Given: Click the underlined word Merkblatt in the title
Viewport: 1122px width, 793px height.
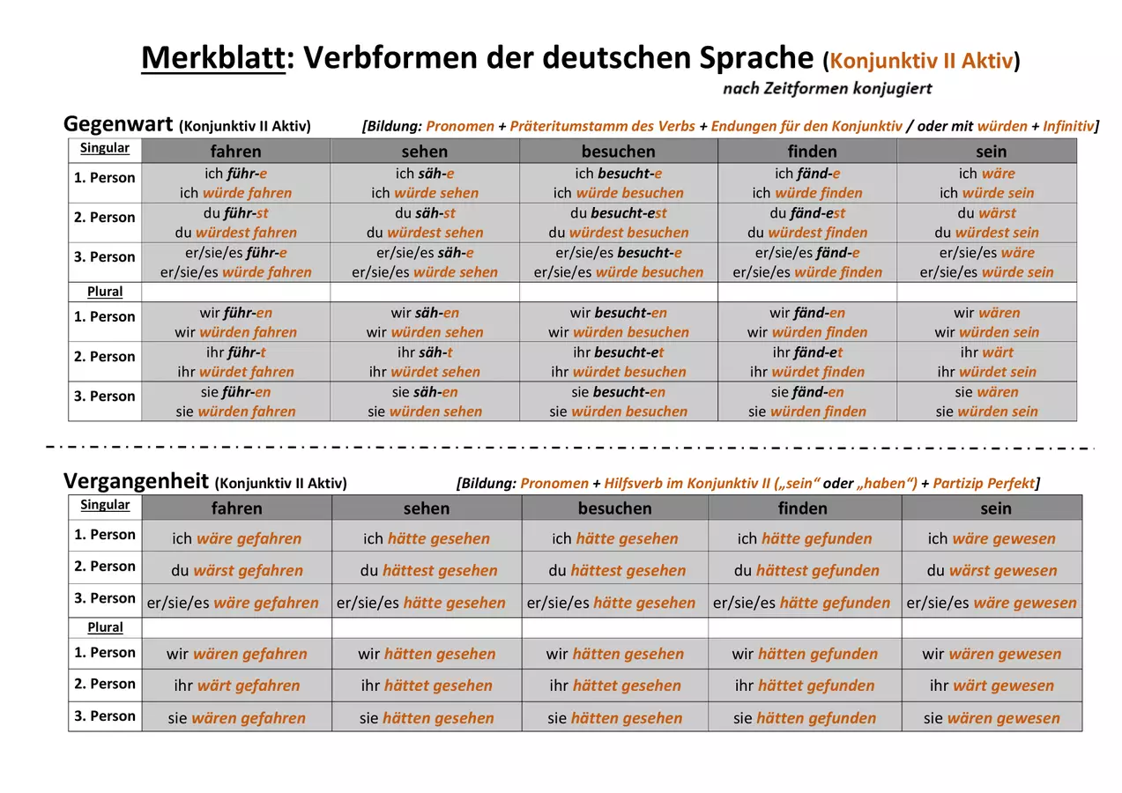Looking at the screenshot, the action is (213, 57).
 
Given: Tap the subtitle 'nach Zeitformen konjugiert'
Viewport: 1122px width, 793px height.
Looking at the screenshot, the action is (827, 89).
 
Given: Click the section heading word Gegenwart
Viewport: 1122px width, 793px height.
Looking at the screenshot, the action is (118, 123).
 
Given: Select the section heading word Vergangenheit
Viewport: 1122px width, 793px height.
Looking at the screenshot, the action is (136, 481).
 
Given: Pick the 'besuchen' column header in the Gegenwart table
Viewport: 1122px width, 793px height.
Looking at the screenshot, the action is (618, 152).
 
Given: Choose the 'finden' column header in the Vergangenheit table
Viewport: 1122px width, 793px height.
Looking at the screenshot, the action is (802, 508).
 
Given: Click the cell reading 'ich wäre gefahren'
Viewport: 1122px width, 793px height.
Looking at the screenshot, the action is (236, 538).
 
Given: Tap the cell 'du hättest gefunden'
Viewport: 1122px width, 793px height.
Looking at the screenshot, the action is (806, 570).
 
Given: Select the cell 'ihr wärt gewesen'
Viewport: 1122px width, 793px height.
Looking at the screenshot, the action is (992, 685).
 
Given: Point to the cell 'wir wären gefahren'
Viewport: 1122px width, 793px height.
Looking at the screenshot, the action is (236, 653).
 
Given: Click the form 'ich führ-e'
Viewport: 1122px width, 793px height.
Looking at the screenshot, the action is (235, 174).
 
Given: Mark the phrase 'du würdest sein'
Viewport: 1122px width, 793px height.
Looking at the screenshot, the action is (986, 233).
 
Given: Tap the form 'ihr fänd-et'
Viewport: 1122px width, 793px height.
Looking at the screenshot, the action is (807, 352).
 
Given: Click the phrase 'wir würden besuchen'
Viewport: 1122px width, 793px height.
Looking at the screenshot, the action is (619, 332).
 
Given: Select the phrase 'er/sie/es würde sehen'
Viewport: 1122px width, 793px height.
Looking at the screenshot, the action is (425, 272).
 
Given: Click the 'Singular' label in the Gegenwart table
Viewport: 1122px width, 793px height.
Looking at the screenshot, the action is (105, 148).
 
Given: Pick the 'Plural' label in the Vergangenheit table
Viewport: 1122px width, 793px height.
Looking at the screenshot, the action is (105, 627).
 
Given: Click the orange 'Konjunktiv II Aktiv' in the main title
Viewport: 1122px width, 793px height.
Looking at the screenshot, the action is (922, 61).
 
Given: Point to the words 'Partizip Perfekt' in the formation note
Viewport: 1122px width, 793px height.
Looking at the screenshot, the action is (984, 483).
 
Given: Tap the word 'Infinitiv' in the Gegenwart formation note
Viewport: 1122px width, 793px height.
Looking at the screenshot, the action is (1069, 126).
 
